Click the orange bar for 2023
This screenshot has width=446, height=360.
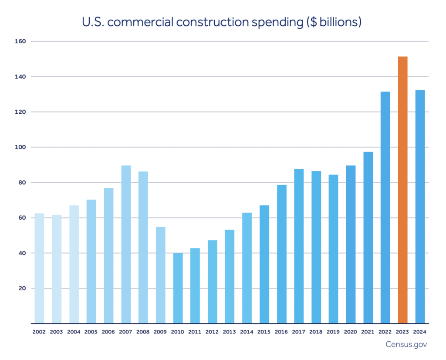pos(402,190)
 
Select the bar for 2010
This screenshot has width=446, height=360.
pos(178,288)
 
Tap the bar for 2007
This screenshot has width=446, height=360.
pos(126,245)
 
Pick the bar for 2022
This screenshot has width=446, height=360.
pos(385,207)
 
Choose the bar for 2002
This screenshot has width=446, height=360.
pos(39,268)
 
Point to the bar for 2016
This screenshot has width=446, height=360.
pos(281,254)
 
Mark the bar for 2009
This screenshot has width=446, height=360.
pos(160,275)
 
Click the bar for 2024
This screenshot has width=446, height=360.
pos(420,207)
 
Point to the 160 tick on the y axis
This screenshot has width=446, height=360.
pos(22,41)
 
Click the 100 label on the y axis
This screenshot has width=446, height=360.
pos(22,147)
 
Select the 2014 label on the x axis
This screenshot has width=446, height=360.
pos(247,332)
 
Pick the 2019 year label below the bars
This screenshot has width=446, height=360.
pos(333,332)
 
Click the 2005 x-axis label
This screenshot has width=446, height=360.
pos(91,332)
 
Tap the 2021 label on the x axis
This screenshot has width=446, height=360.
pos(368,332)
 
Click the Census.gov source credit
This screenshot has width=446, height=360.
pos(406,345)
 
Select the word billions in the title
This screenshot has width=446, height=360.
pos(338,21)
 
